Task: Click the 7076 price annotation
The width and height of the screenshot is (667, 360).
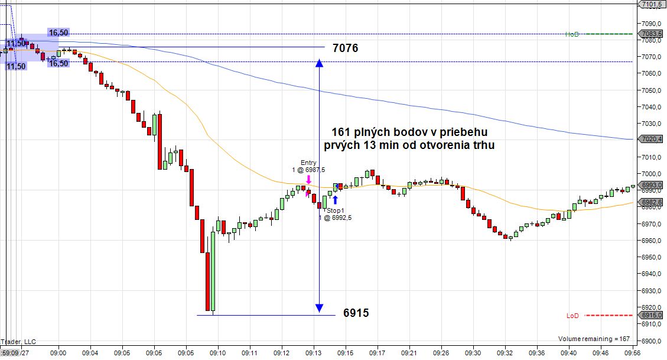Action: pyautogui.click(x=345, y=48)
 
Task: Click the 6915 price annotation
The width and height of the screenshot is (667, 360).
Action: pyautogui.click(x=356, y=313)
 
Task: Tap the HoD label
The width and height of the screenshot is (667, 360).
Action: pyautogui.click(x=571, y=34)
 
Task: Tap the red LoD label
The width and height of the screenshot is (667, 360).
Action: pyautogui.click(x=572, y=316)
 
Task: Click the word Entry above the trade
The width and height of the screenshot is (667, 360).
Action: pyautogui.click(x=308, y=163)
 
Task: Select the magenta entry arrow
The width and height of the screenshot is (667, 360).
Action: pyautogui.click(x=308, y=180)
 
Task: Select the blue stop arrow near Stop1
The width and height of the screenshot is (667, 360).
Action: pyautogui.click(x=335, y=200)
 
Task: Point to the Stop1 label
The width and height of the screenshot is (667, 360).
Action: pyautogui.click(x=336, y=210)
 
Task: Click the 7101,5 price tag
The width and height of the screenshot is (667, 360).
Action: pyautogui.click(x=651, y=5)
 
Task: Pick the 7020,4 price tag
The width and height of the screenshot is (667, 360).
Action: pyautogui.click(x=651, y=139)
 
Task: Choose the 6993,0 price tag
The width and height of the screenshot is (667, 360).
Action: pyautogui.click(x=651, y=185)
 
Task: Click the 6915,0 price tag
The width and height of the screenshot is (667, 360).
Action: pyautogui.click(x=651, y=316)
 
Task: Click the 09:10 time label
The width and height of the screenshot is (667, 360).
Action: pyautogui.click(x=218, y=353)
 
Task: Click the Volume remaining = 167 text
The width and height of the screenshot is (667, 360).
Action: pyautogui.click(x=594, y=339)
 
